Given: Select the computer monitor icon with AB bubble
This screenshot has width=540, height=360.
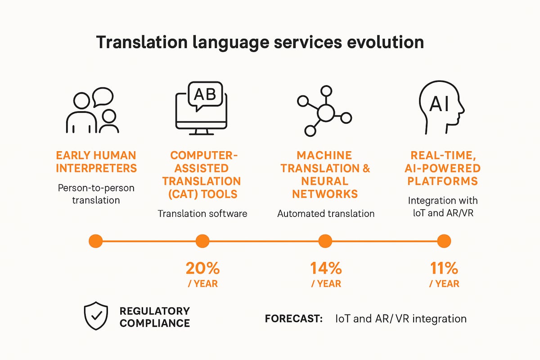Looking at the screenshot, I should [201, 108].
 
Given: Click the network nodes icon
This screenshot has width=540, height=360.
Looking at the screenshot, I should [324, 110].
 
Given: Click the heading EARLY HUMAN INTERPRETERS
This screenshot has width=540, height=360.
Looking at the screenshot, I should [95, 162].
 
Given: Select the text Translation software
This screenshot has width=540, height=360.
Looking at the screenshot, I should [202, 213].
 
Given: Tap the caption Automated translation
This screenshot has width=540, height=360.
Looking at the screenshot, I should [326, 213].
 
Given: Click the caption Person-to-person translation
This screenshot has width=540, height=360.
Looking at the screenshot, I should [96, 193].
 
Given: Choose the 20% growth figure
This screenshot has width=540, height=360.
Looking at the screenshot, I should [202, 269].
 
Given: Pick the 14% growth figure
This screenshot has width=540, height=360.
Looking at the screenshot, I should [326, 269].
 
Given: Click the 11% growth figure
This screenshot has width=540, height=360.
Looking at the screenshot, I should [444, 269].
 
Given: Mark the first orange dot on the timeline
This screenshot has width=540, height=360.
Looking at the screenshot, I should [96, 241].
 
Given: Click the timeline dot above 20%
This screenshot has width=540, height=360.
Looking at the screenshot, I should [202, 241].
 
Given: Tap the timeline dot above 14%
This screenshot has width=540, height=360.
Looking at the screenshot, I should [325, 241].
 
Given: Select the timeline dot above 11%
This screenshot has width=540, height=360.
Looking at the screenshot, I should [444, 241].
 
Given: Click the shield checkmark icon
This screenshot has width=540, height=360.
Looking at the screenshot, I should [96, 316].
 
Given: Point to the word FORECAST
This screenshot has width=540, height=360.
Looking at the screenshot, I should [294, 319].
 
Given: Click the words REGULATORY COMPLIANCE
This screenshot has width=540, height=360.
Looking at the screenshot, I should [154, 317].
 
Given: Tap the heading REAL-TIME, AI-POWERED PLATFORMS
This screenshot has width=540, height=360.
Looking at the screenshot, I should [445, 168].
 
